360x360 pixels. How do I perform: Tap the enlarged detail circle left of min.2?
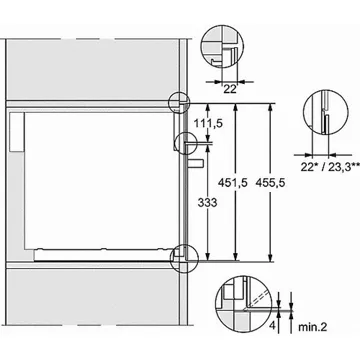[x=240, y=299]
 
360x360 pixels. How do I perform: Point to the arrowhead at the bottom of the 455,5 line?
[x=271, y=259]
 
